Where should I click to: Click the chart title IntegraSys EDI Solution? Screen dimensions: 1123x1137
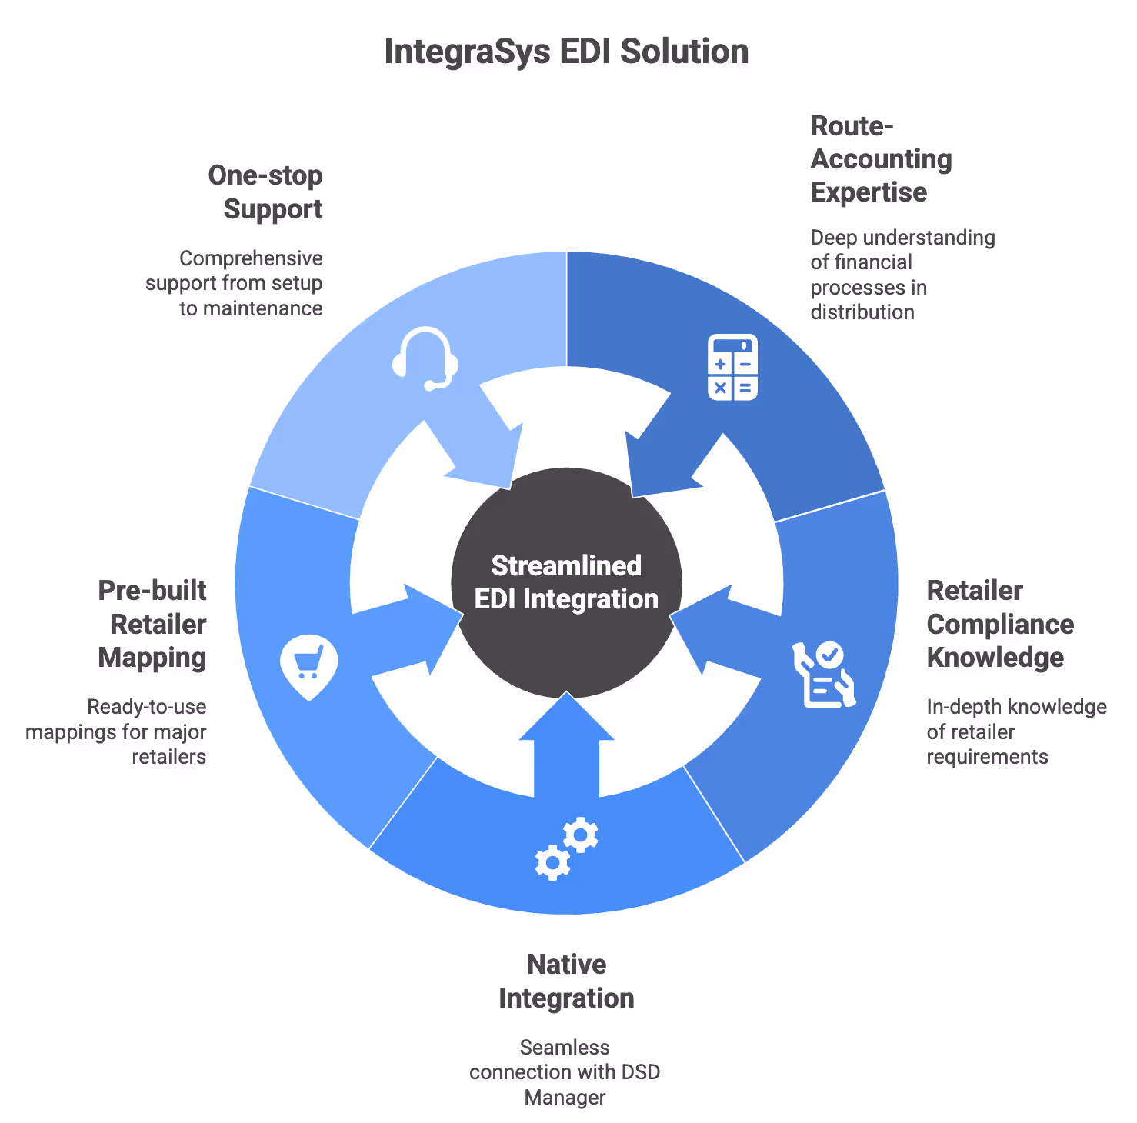point(566,52)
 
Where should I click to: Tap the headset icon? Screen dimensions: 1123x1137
point(425,358)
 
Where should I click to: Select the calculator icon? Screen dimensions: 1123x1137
point(732,368)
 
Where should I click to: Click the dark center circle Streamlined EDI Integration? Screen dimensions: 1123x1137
point(567,582)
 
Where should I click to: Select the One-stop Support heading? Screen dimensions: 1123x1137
point(266,192)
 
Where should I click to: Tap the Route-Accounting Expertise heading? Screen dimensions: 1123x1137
point(881,159)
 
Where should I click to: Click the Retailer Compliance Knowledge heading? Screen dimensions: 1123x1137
point(999,624)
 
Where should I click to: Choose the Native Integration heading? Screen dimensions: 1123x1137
point(567,981)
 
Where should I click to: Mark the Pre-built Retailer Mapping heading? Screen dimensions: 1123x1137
point(152,624)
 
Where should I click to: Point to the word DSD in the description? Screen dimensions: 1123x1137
point(640,1071)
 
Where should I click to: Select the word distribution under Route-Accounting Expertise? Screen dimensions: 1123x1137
point(862,312)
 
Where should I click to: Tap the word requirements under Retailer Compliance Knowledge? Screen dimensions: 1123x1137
point(987,757)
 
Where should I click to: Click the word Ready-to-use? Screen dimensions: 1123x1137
point(147,707)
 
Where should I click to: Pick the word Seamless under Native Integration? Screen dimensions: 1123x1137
point(565,1047)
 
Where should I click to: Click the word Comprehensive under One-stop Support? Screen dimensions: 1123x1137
point(251,258)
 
